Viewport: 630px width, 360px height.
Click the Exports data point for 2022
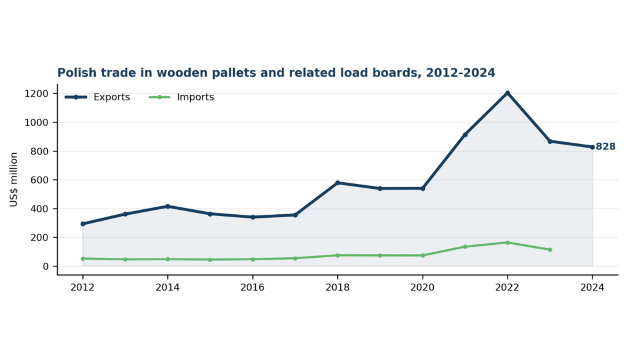pos(508,93)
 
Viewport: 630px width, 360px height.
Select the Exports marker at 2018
pos(338,183)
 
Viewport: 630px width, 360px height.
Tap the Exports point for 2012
pos(83,224)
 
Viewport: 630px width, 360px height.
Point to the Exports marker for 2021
pos(465,135)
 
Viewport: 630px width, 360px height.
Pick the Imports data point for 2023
pos(550,250)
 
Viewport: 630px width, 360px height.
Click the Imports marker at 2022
pos(508,242)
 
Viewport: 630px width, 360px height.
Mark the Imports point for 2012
pos(83,258)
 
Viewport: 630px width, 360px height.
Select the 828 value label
pos(605,146)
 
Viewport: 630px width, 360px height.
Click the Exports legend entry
pos(97,97)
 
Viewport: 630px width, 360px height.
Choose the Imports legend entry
pos(181,97)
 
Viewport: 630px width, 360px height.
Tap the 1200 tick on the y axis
pos(36,94)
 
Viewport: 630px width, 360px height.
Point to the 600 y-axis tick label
pos(39,180)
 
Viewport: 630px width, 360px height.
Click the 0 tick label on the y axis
pos(46,266)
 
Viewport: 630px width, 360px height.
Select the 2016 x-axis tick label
pos(252,287)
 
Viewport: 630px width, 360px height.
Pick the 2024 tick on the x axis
pos(592,287)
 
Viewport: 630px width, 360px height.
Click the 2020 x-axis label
pos(422,287)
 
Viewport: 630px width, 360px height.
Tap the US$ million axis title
pos(14,180)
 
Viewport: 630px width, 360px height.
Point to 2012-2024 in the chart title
pos(460,73)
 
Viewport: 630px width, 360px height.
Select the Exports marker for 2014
pos(167,207)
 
